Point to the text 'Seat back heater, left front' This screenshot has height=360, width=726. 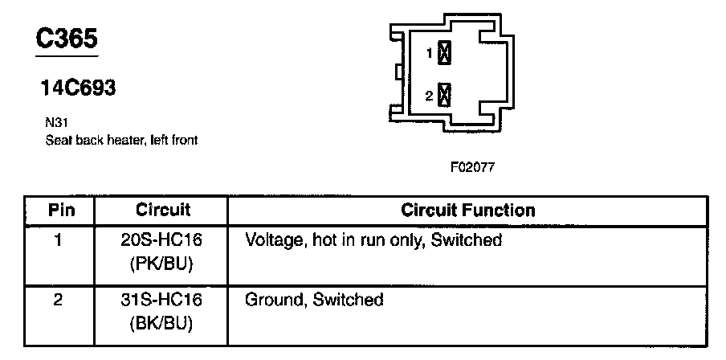[121, 140]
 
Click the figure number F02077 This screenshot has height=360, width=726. [472, 169]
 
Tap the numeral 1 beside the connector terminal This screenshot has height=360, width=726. [430, 54]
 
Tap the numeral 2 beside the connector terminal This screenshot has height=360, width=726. [430, 96]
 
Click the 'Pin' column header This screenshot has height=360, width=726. [62, 211]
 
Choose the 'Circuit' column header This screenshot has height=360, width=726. [163, 211]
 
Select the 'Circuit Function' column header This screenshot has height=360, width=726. [467, 211]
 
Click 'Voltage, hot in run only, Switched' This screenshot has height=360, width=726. [373, 239]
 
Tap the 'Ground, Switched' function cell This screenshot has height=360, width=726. [314, 301]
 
